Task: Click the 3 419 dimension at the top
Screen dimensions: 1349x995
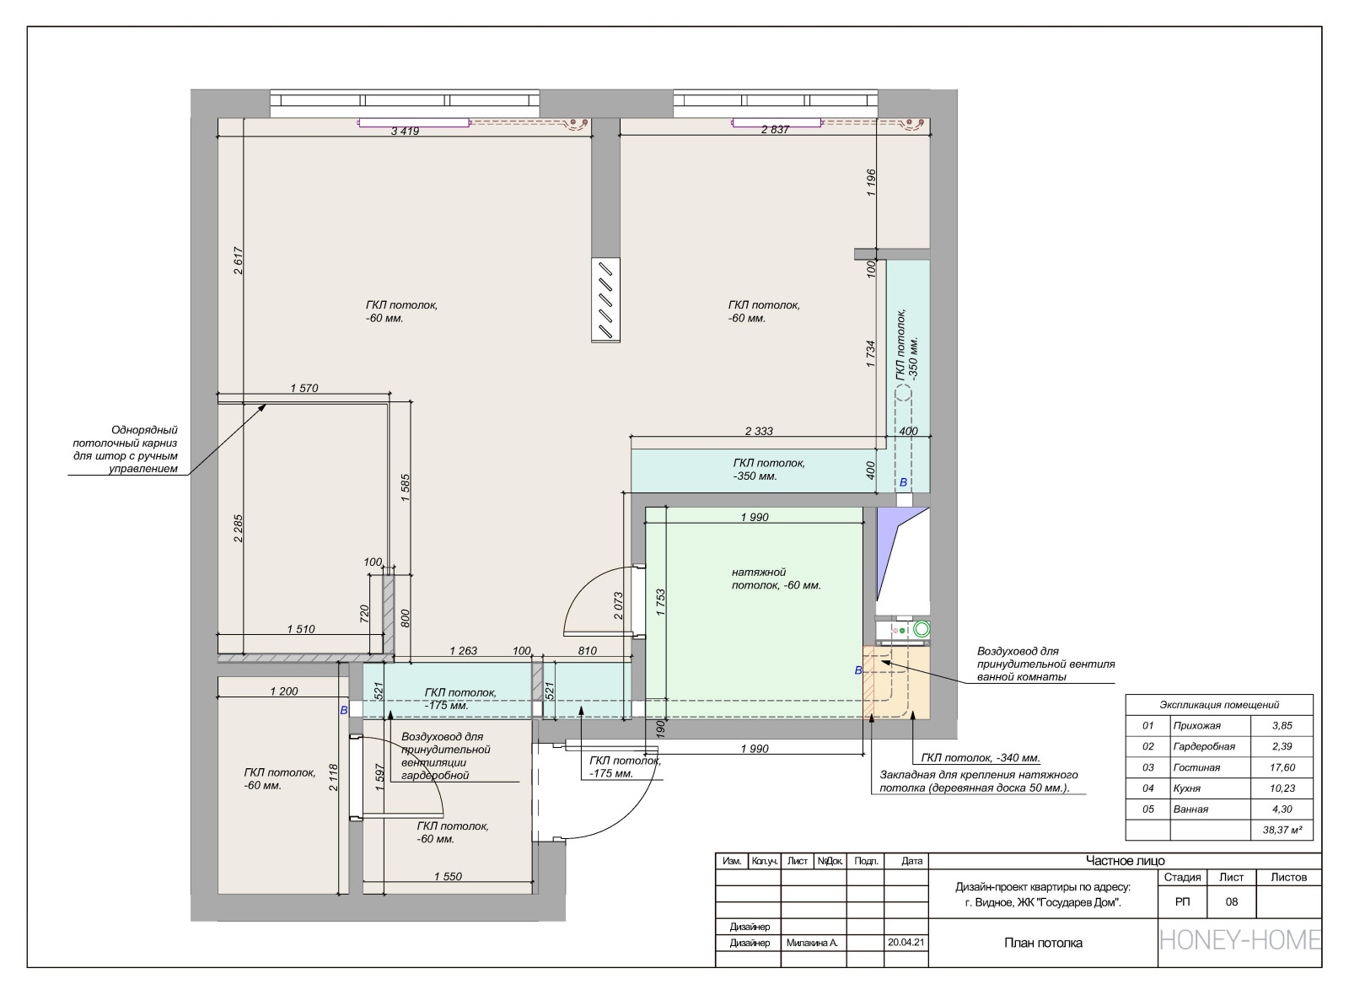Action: tap(405, 131)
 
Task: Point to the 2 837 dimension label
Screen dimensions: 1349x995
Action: tap(775, 130)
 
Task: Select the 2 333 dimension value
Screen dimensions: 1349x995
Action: tap(759, 431)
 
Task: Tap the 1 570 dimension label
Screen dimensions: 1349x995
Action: tap(304, 389)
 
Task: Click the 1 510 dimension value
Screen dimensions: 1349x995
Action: tap(301, 629)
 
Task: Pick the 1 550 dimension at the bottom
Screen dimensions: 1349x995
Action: tap(448, 877)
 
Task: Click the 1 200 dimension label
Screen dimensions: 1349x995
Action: tap(284, 691)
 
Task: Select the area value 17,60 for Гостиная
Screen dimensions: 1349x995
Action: tap(1282, 767)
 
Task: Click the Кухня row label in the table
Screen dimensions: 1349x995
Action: tap(1187, 788)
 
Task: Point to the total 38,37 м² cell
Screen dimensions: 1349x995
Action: tap(1282, 830)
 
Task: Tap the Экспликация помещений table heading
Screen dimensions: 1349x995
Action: tap(1219, 705)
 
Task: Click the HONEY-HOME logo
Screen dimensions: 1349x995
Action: tap(1240, 940)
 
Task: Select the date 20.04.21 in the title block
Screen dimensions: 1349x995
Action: tap(906, 942)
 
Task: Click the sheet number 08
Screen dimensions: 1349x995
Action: tap(1232, 901)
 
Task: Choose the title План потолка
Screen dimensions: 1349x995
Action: tap(1043, 944)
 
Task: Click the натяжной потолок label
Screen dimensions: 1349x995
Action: tap(777, 578)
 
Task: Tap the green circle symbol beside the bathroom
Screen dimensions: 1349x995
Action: tap(922, 629)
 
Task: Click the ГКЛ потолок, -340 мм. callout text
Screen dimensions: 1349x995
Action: tap(981, 758)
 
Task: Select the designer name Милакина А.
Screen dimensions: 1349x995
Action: tap(812, 944)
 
